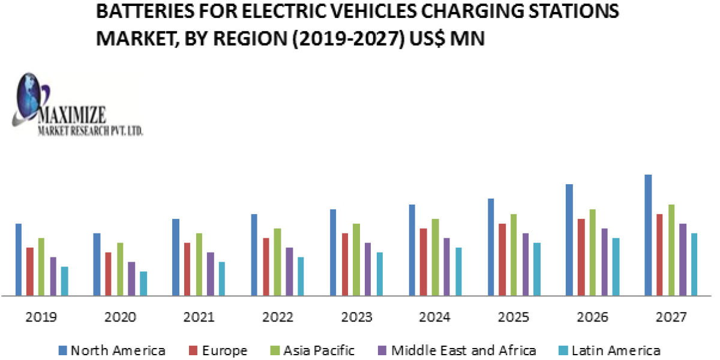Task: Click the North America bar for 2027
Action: click(648, 235)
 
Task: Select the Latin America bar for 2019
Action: click(65, 281)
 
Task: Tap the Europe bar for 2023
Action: click(344, 265)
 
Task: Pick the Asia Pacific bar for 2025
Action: click(514, 255)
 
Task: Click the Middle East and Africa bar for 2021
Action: click(211, 274)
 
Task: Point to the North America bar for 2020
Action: click(97, 265)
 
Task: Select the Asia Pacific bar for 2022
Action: click(277, 262)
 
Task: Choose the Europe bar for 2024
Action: click(424, 262)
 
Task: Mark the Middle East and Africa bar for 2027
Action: click(683, 260)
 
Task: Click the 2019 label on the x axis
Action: click(42, 317)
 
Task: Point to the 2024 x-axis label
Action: click(436, 317)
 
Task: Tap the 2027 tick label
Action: click(671, 317)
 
